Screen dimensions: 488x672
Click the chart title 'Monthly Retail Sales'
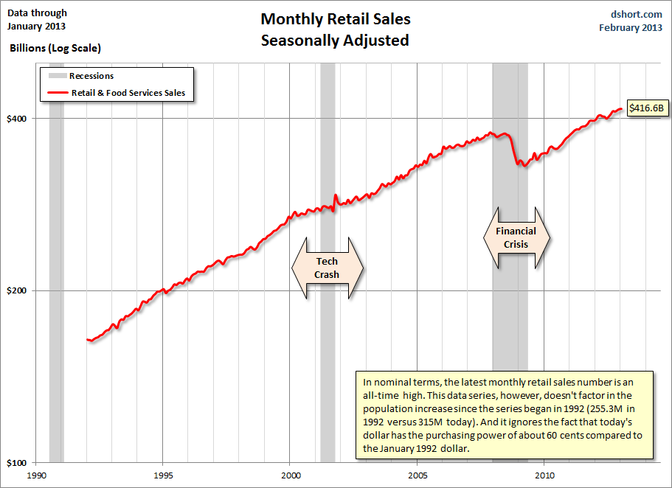tap(336, 19)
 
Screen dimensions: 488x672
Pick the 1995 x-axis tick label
tap(163, 475)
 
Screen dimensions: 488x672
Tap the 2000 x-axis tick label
tap(290, 475)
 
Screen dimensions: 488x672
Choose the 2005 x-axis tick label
tap(418, 475)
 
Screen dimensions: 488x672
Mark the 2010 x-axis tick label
tap(544, 475)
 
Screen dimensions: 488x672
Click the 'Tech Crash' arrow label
tap(328, 268)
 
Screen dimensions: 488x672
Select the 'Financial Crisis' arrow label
tap(516, 237)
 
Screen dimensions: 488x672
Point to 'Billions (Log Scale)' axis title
tap(55, 48)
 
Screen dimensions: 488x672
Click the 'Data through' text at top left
tap(37, 13)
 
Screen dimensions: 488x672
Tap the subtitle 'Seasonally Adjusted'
tap(335, 41)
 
